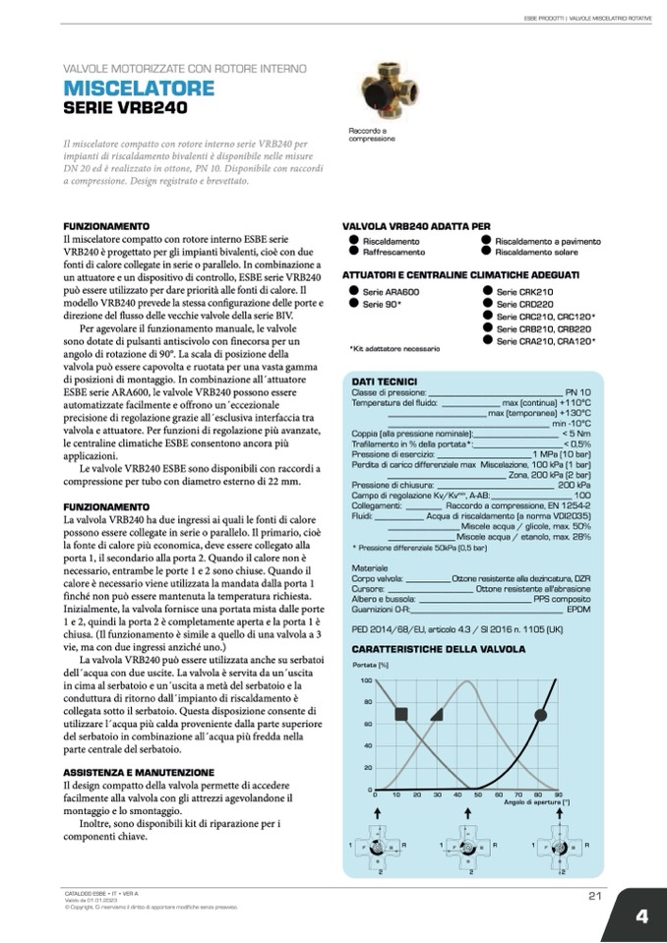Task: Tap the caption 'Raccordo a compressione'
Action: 372,135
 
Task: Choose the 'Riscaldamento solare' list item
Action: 535,251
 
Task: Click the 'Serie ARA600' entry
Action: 391,293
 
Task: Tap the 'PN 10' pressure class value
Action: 577,392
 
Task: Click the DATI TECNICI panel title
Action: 385,382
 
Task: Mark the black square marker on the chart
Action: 399,713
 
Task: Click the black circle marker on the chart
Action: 540,714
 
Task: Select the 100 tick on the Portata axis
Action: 366,680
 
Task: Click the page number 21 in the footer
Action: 594,894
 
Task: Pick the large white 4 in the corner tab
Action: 640,915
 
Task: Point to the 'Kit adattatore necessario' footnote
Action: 394,348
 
